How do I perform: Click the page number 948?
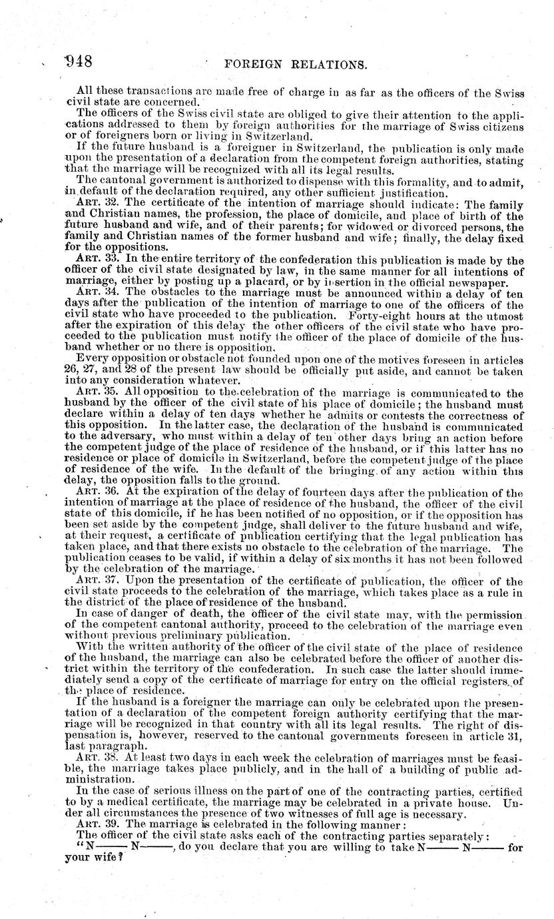click(78, 62)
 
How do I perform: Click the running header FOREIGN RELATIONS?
click(296, 65)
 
